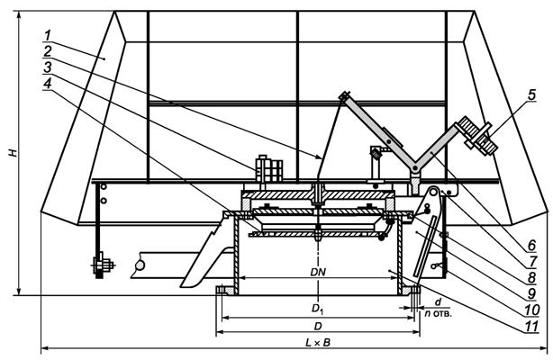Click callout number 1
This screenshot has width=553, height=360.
[x=48, y=36]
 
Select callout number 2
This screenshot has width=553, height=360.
[x=47, y=51]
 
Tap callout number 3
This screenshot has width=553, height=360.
[x=47, y=67]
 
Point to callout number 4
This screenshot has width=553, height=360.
[x=47, y=84]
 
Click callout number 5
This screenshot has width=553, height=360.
[x=531, y=94]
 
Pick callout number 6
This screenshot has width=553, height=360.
[x=531, y=246]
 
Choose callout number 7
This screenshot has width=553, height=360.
[x=532, y=262]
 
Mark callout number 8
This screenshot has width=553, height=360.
[x=532, y=277]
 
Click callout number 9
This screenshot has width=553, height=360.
[x=532, y=293]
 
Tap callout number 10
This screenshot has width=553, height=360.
[x=531, y=310]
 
